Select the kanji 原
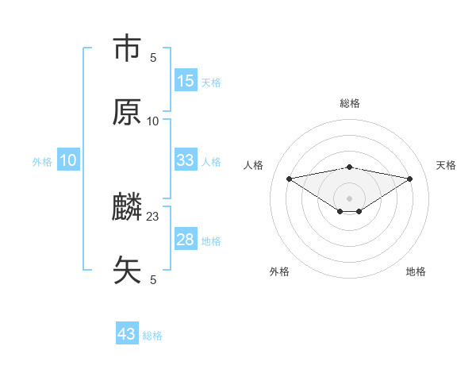[127, 112]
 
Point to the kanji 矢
[127, 270]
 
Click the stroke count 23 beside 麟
[153, 216]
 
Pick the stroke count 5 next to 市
[153, 57]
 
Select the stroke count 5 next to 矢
[153, 279]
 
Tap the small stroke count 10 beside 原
[153, 121]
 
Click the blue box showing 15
[186, 81]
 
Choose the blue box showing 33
[186, 160]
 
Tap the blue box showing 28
[186, 240]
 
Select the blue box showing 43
[127, 334]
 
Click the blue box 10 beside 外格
[68, 160]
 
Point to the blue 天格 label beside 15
[211, 82]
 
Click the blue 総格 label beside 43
[152, 335]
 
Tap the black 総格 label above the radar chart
[350, 103]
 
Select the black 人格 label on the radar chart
[254, 165]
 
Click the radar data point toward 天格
[410, 179]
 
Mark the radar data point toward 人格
[289, 178]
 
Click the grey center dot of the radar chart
[350, 198]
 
